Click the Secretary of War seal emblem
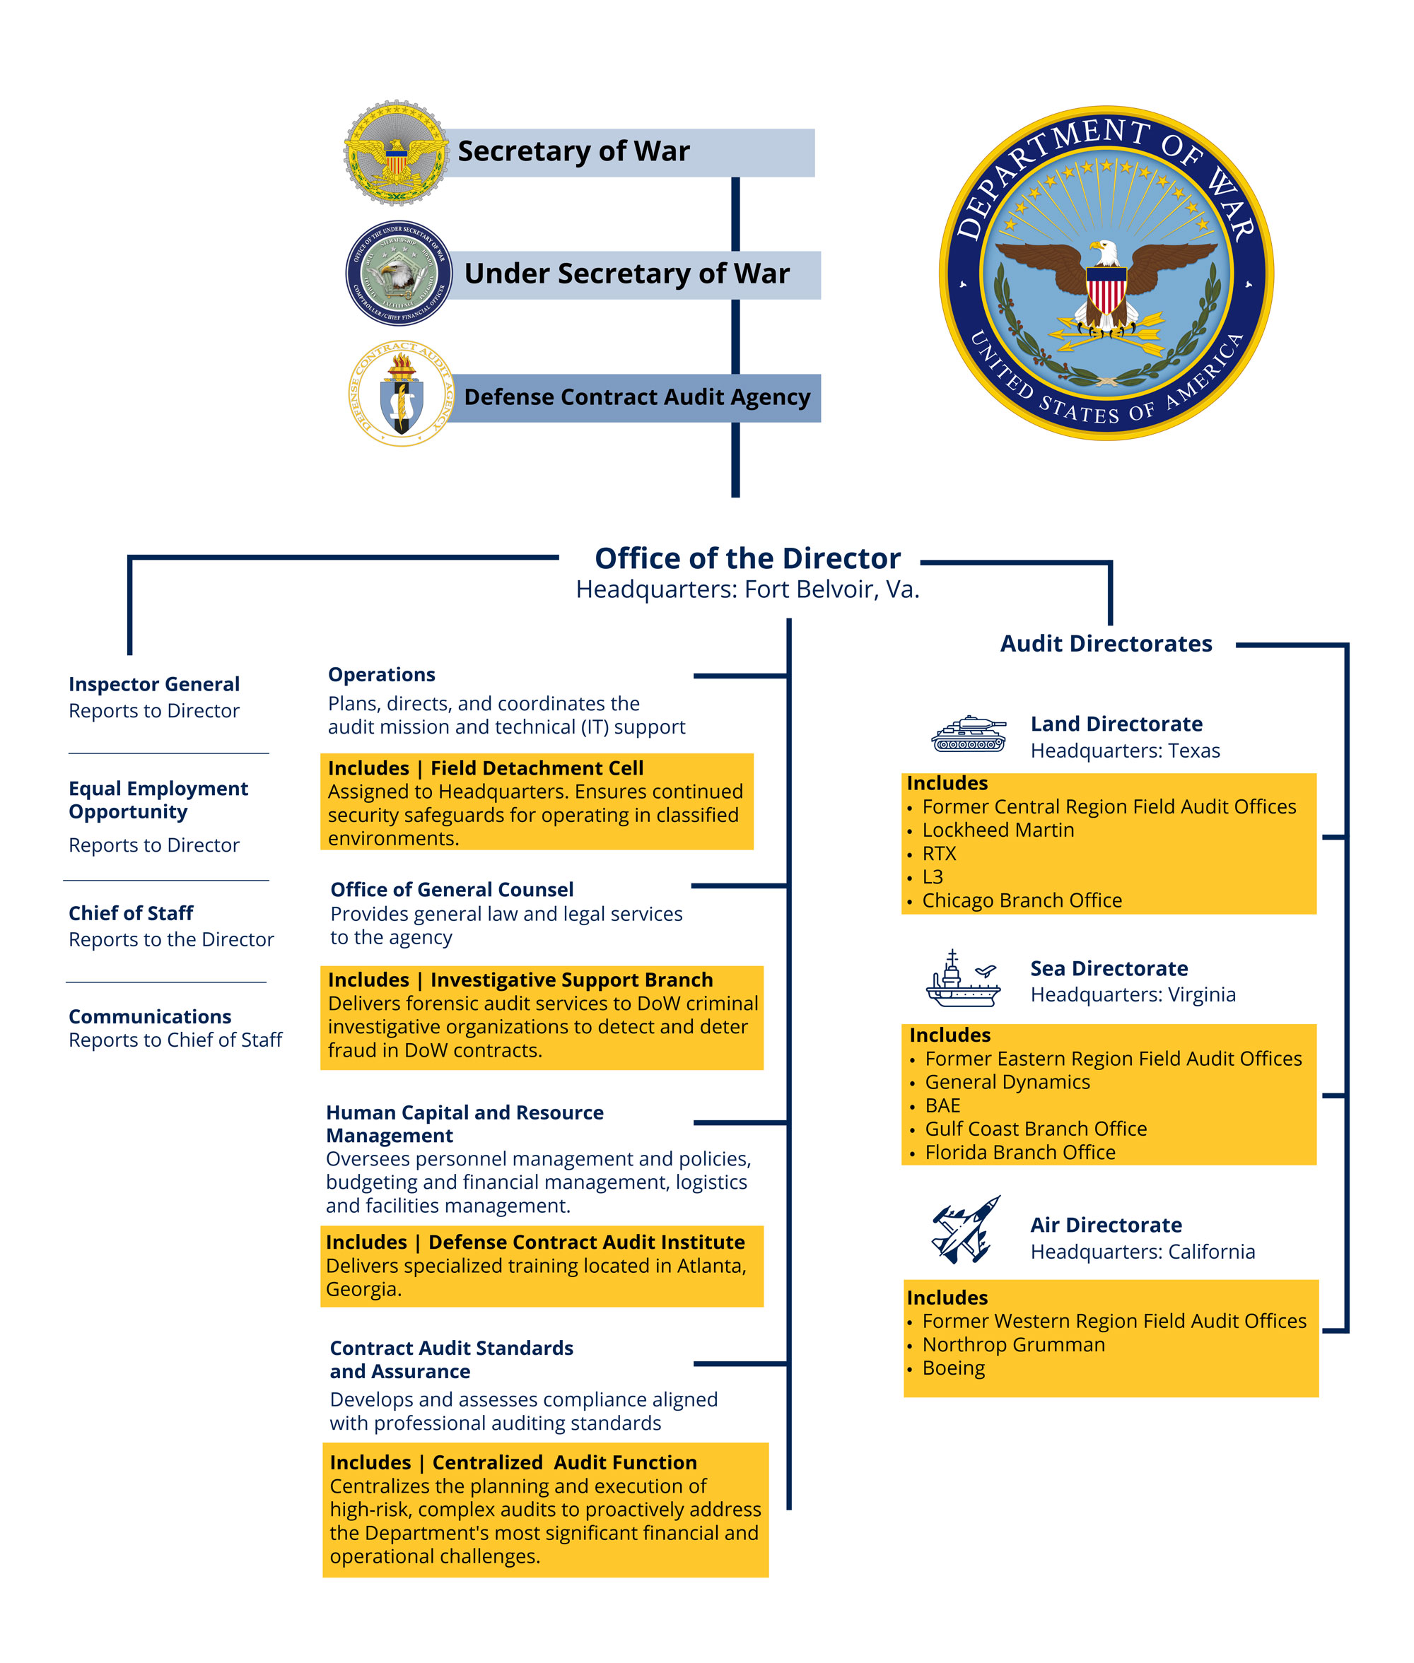(x=396, y=152)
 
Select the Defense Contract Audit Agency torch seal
(x=401, y=394)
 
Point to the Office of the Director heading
(x=747, y=558)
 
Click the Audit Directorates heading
(x=1105, y=644)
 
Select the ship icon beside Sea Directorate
(x=963, y=979)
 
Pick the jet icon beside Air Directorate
(x=966, y=1230)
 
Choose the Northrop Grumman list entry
(x=1013, y=1345)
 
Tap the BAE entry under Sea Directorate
(x=942, y=1106)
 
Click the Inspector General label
(x=154, y=684)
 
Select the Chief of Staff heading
(x=131, y=914)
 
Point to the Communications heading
(x=150, y=1017)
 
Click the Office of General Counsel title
(x=451, y=890)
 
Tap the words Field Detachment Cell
(x=537, y=768)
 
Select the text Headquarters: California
(x=1143, y=1252)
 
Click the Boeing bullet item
(x=953, y=1368)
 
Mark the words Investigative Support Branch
(x=571, y=980)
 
